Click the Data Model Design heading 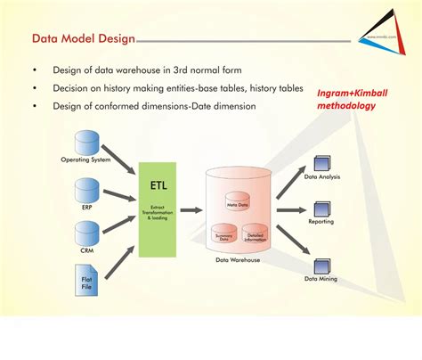(x=83, y=39)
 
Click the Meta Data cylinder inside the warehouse (x=237, y=201)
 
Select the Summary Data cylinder (x=223, y=233)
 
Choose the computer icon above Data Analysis (x=323, y=164)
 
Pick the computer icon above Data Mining (x=323, y=265)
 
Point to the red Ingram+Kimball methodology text (x=352, y=98)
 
